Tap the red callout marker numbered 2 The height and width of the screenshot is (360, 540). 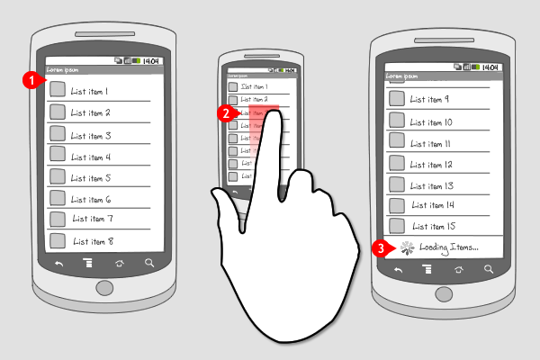[x=229, y=113]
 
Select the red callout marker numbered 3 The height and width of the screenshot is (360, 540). [x=380, y=247]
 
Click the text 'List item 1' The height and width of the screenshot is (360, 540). [x=90, y=91]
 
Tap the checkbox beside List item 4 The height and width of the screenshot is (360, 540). [x=58, y=155]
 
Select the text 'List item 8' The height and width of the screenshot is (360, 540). [x=93, y=241]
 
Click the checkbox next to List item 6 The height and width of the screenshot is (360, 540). [x=58, y=198]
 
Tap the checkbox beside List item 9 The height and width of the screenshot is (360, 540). [x=396, y=100]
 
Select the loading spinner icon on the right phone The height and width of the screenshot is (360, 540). [x=407, y=247]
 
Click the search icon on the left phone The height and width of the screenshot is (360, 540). [x=149, y=264]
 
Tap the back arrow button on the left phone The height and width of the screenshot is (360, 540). [x=59, y=264]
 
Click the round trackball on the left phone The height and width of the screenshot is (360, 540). [x=104, y=289]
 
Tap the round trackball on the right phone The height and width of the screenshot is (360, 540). [x=443, y=293]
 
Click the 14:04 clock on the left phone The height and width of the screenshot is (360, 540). [x=150, y=60]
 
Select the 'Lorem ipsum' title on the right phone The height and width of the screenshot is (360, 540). [x=396, y=76]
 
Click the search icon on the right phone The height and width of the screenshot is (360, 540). [x=489, y=268]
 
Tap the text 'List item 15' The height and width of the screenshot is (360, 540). [x=437, y=226]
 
